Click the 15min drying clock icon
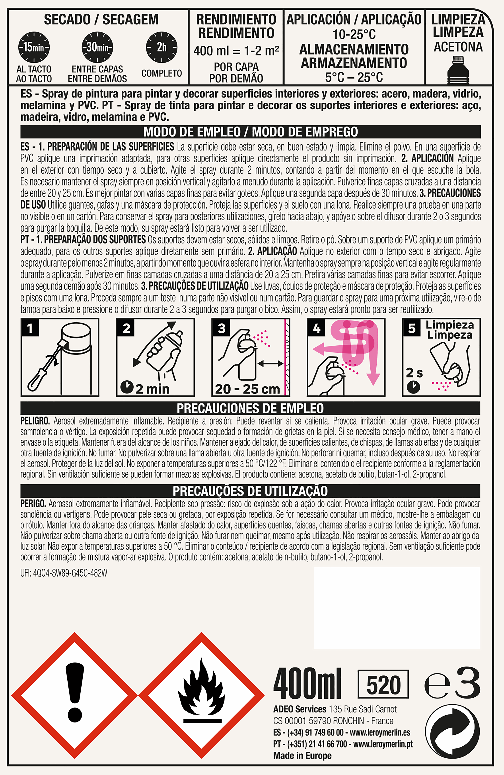[x=34, y=47]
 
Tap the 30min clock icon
[x=97, y=47]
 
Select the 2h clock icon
[x=162, y=47]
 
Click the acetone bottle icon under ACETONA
[x=458, y=70]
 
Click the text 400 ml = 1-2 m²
[x=236, y=50]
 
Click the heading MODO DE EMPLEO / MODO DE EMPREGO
[x=250, y=132]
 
